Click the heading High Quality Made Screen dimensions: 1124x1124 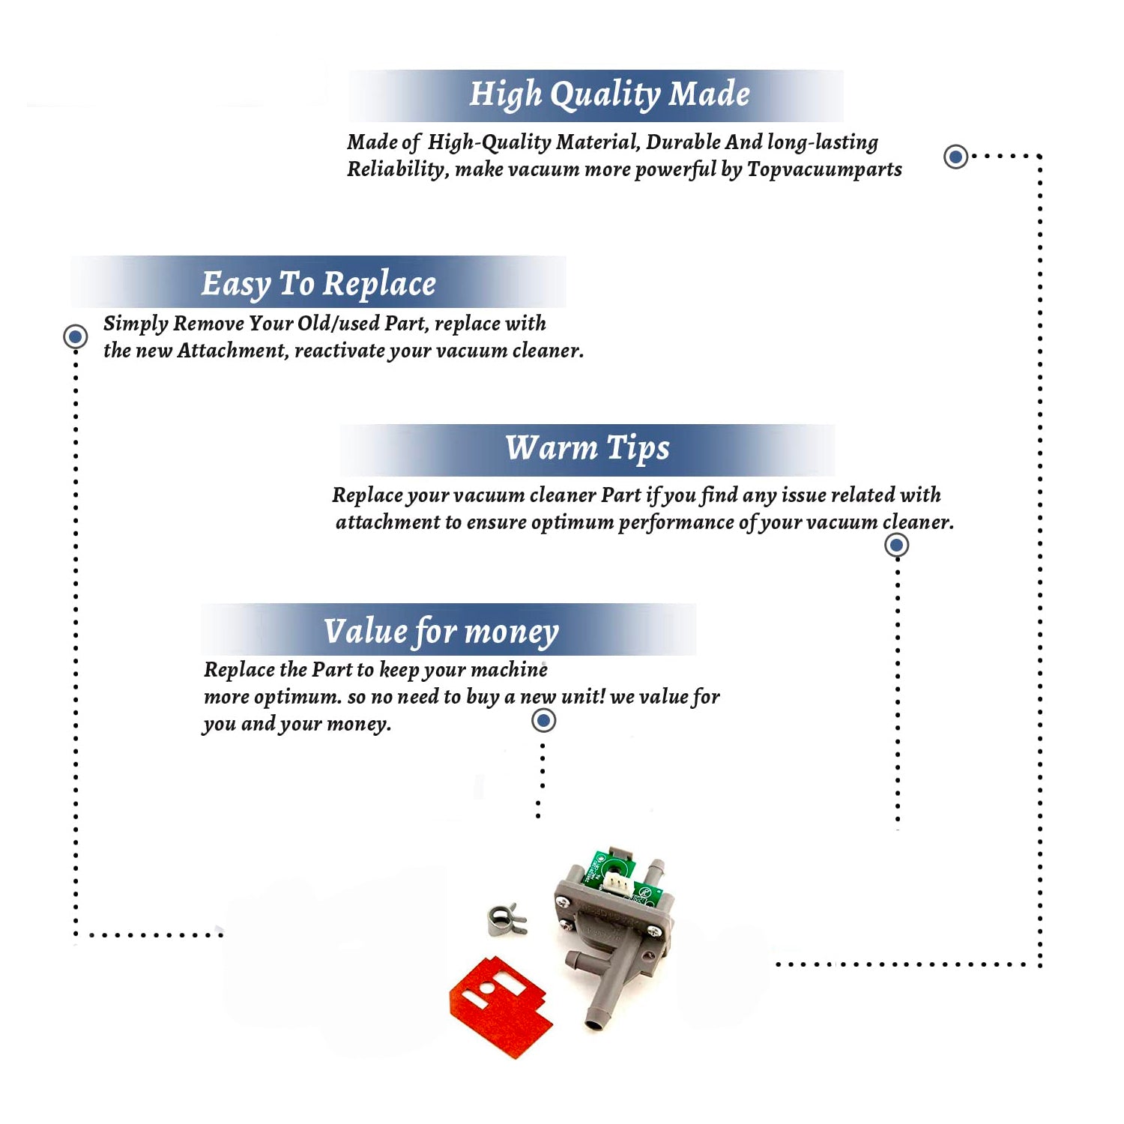pos(609,95)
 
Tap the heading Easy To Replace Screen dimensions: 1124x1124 pos(318,285)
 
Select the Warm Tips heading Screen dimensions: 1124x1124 pos(587,449)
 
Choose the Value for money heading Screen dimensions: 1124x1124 pos(441,632)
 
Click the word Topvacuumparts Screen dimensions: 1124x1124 pos(824,170)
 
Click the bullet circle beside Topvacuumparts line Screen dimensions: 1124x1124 pos(955,157)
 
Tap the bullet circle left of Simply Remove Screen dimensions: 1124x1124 pos(75,336)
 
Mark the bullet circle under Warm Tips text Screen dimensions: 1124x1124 pos(897,545)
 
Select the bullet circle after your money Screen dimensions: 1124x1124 pos(543,721)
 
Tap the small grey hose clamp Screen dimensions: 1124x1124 pos(507,920)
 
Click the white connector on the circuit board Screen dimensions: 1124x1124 pos(617,884)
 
